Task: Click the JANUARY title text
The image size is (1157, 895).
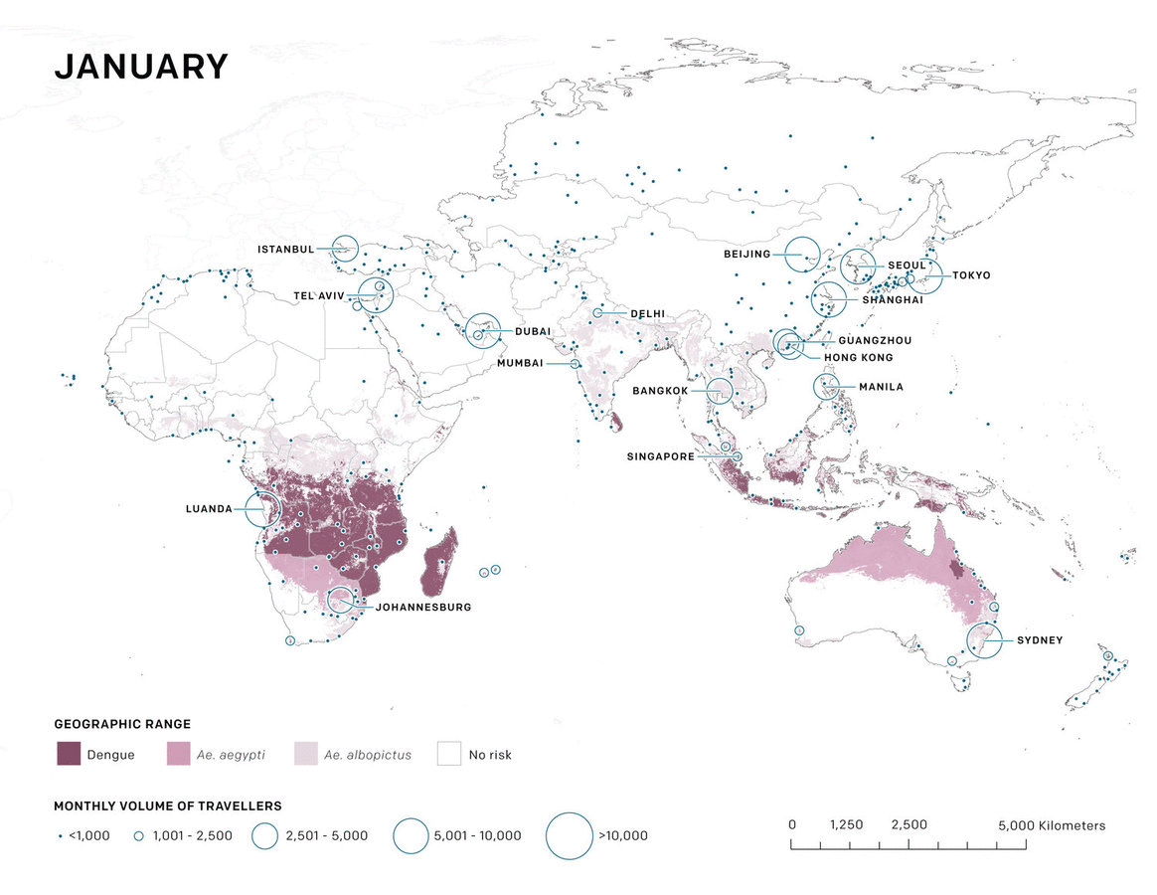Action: pos(141,67)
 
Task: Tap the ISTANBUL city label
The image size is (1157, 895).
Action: pos(285,249)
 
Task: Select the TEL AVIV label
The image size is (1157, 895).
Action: pos(318,295)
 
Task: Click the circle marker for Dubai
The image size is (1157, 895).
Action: pos(483,330)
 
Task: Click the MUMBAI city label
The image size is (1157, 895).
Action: pos(520,363)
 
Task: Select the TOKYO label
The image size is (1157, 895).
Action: pos(971,274)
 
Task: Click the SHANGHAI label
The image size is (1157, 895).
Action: pos(893,299)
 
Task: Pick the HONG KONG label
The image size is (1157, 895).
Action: pos(858,357)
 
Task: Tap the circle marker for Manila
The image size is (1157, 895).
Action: pos(827,387)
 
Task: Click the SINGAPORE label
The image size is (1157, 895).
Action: pos(660,456)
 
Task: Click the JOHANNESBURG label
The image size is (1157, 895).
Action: pos(423,607)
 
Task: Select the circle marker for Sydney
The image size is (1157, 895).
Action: pos(984,639)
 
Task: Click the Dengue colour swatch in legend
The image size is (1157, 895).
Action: pos(68,754)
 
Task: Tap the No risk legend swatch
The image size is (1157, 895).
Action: pos(450,754)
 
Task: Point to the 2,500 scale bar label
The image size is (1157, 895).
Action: pos(909,825)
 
